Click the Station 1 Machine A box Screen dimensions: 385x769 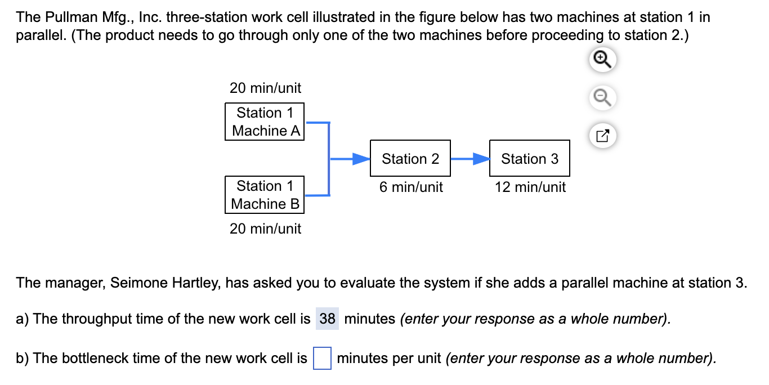click(265, 122)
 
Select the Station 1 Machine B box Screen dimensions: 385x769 click(265, 195)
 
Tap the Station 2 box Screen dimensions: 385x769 click(410, 159)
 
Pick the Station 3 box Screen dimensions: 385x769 click(530, 159)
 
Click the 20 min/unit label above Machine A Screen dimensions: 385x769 click(265, 88)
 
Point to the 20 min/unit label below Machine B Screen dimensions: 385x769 click(265, 229)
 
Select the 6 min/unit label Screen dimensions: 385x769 click(411, 187)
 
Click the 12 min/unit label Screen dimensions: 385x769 click(530, 187)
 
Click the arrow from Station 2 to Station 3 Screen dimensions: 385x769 click(470, 159)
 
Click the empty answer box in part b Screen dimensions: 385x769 click(322, 359)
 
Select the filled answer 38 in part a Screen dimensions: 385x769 click(327, 319)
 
